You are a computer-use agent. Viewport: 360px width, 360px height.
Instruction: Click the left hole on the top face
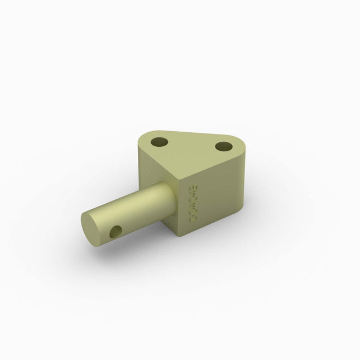click(159, 142)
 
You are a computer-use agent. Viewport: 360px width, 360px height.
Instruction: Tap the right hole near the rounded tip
click(223, 147)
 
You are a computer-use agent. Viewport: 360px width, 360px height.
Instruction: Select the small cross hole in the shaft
click(116, 232)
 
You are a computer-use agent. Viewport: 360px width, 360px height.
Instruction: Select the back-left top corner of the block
click(138, 140)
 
